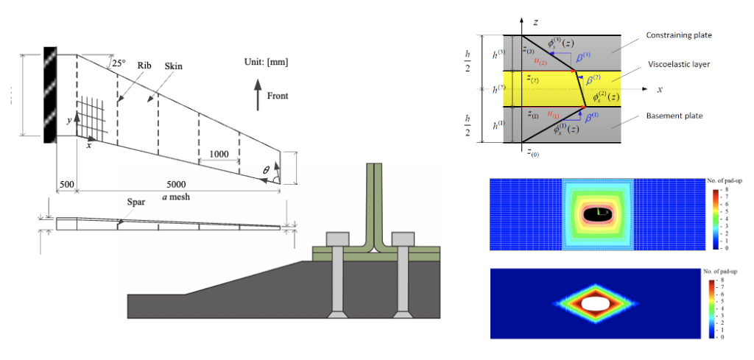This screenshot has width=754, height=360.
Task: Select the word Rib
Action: pyautogui.click(x=144, y=65)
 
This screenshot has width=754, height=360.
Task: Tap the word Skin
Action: pyautogui.click(x=174, y=66)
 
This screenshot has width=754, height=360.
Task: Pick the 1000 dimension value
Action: pyautogui.click(x=219, y=154)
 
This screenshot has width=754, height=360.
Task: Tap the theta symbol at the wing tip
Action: pyautogui.click(x=267, y=169)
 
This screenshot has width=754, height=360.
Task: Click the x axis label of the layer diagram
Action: pyautogui.click(x=660, y=89)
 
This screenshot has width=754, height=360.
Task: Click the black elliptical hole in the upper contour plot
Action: pyautogui.click(x=598, y=213)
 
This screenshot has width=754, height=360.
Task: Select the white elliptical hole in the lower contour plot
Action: pyautogui.click(x=597, y=303)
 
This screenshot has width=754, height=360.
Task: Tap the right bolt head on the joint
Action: pyautogui.click(x=405, y=239)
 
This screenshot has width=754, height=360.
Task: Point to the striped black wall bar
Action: pyautogui.click(x=50, y=95)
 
